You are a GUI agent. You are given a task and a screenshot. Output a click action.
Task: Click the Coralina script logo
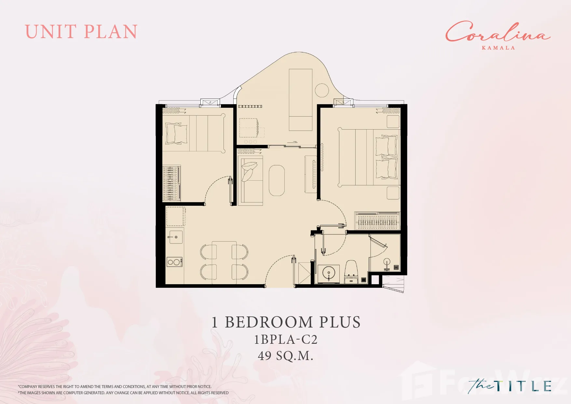(498, 32)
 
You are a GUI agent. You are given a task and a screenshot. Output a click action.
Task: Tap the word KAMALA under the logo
(498, 48)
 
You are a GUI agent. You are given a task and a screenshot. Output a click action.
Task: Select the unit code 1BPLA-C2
(286, 339)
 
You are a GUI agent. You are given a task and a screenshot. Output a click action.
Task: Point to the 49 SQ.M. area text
(286, 355)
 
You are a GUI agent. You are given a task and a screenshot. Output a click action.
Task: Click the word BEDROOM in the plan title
(270, 322)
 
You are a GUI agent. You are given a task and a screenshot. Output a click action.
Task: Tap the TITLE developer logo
(510, 386)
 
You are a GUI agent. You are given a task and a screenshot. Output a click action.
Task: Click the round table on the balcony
(322, 90)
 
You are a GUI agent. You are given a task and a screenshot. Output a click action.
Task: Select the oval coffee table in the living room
(277, 180)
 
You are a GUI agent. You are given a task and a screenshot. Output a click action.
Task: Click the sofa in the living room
(250, 181)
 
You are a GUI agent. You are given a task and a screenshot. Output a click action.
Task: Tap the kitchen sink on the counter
(176, 237)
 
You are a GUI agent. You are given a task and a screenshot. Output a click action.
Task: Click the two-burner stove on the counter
(174, 262)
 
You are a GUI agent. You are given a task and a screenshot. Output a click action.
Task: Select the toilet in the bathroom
(351, 272)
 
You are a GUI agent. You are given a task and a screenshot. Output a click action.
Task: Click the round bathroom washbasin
(329, 273)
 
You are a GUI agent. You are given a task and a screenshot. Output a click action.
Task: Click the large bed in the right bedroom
(369, 158)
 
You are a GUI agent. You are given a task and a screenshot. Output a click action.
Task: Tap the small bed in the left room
(194, 133)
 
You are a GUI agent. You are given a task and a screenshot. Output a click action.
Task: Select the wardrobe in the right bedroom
(377, 221)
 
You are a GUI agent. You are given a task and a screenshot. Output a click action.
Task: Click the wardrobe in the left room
(171, 183)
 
